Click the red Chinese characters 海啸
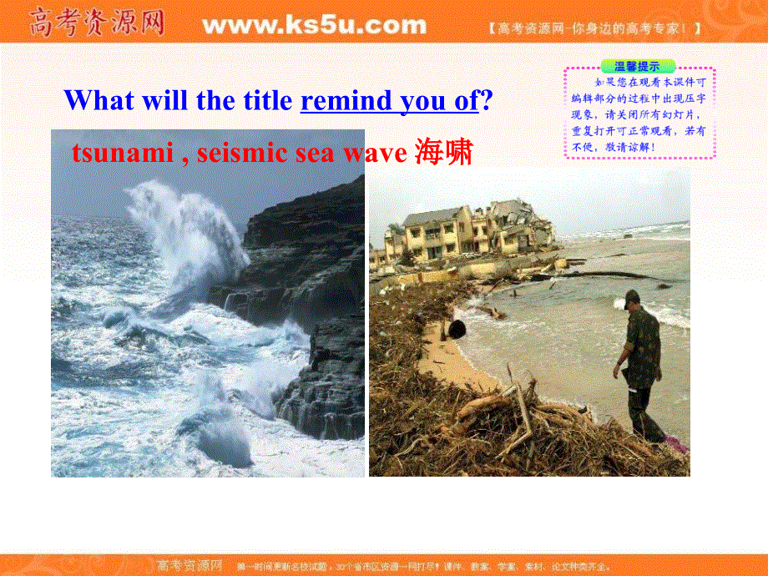pyautogui.click(x=443, y=153)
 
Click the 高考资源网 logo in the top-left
pyautogui.click(x=97, y=23)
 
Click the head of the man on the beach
pyautogui.click(x=632, y=299)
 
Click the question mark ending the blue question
pyautogui.click(x=487, y=101)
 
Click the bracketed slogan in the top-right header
pyautogui.click(x=594, y=28)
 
